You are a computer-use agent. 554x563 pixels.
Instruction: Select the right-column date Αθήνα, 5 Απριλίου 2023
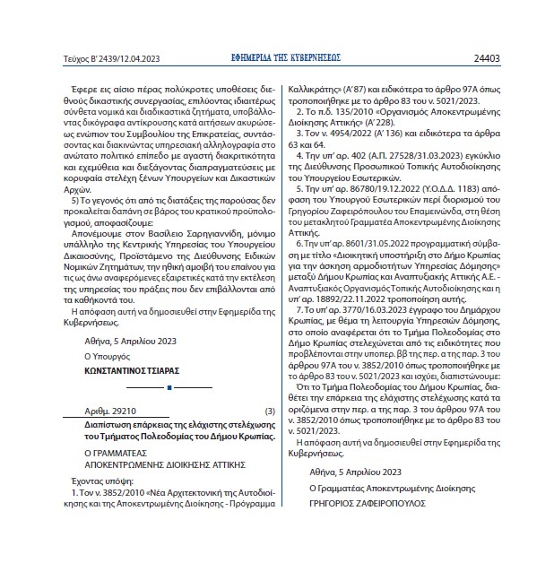pos(356,471)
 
